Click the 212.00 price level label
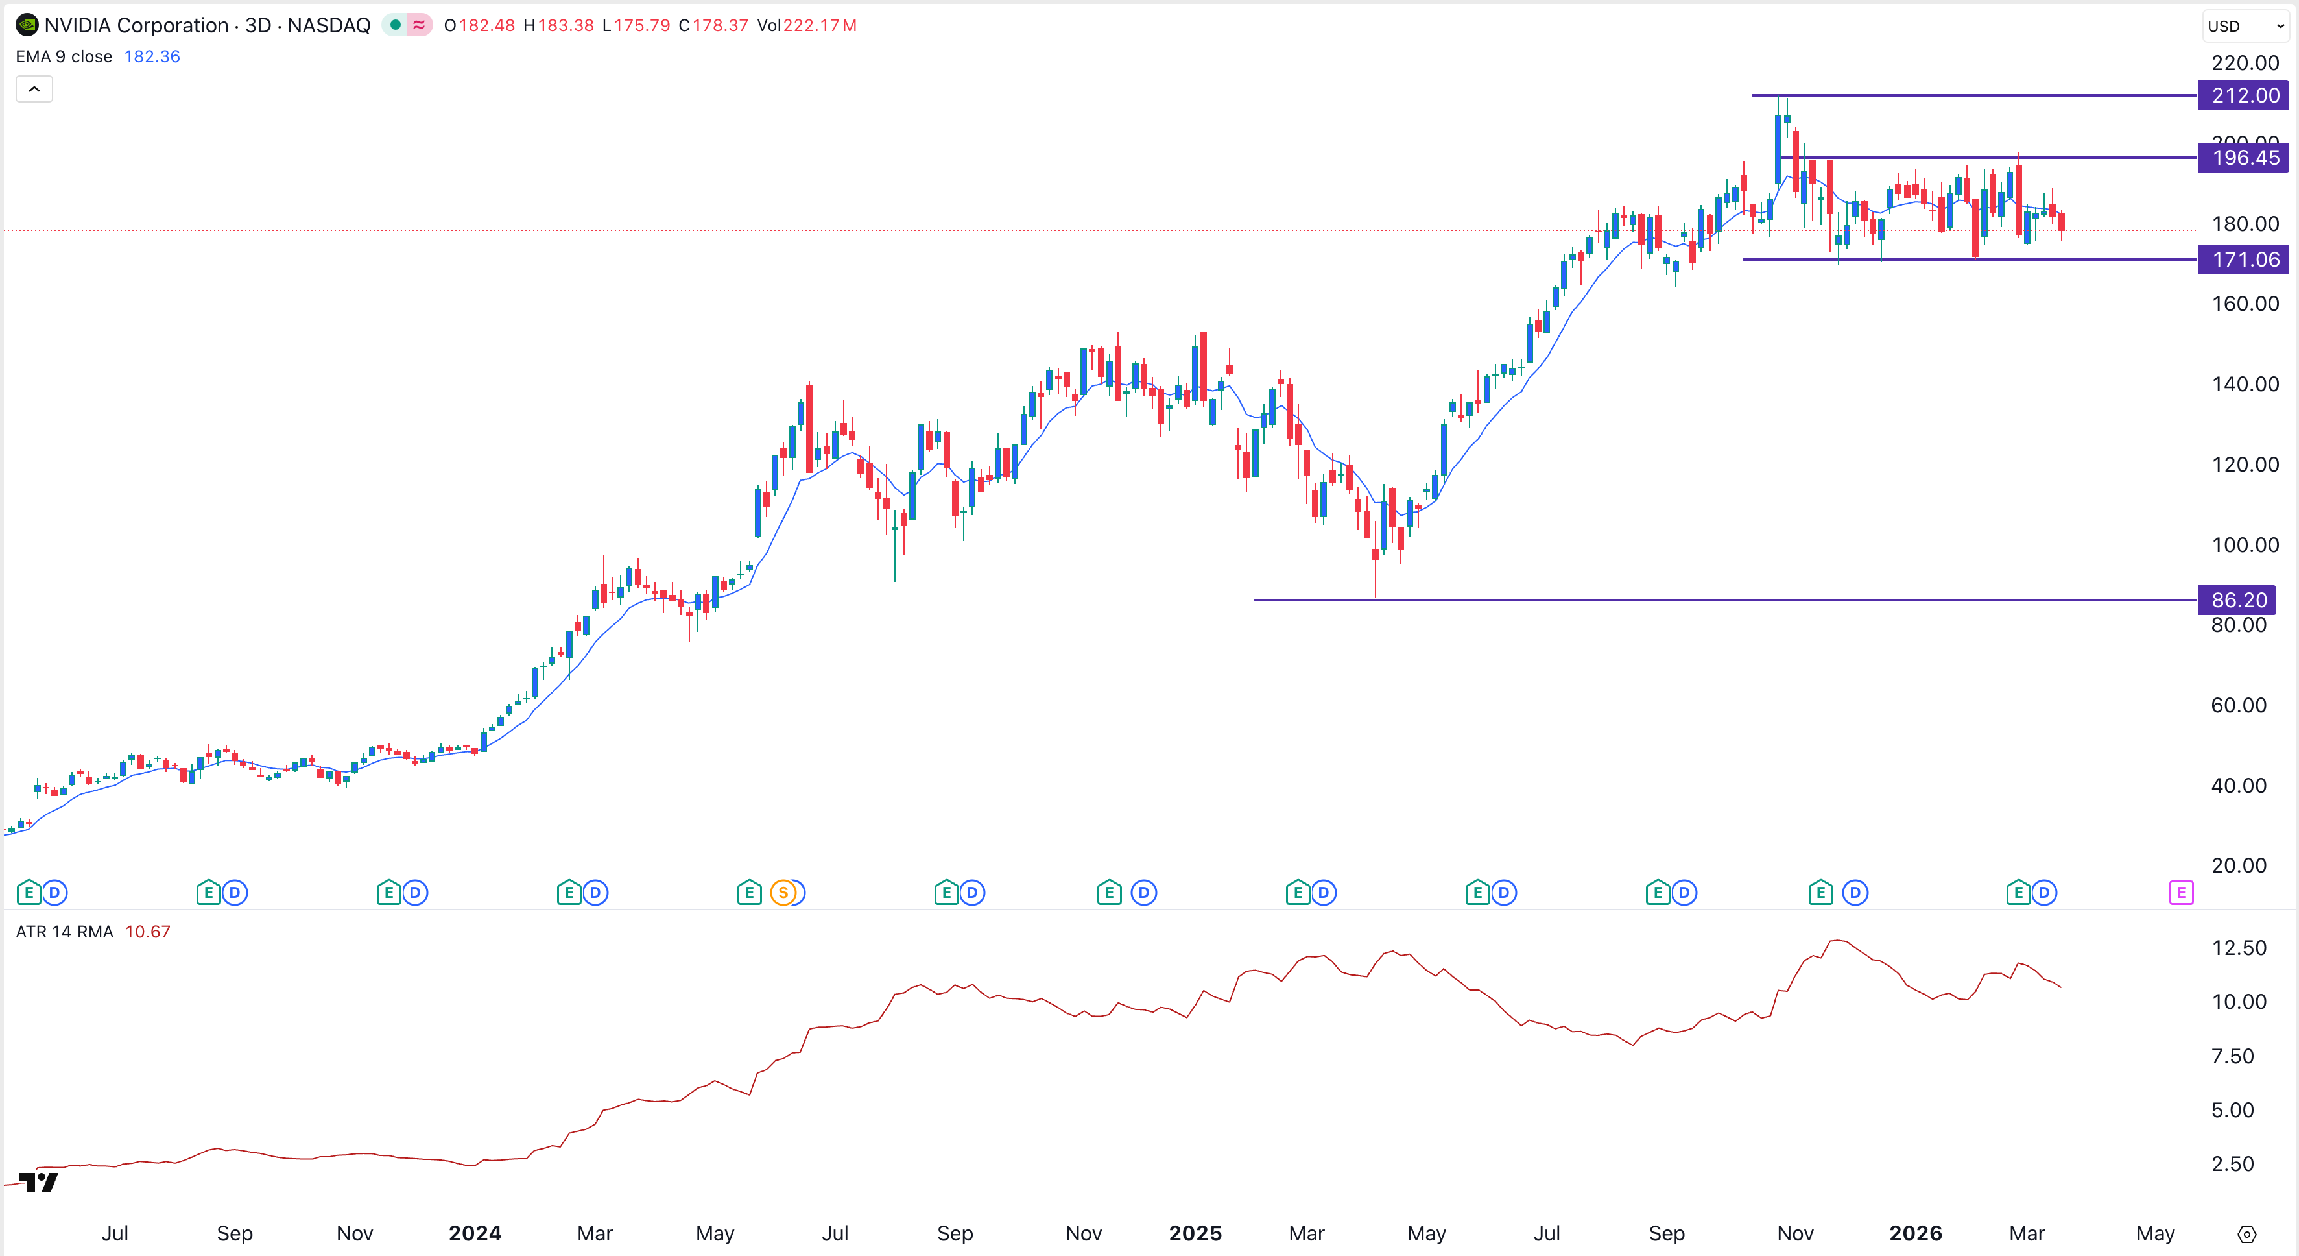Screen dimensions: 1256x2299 tap(2244, 95)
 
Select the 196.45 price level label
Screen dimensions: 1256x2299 tap(2244, 158)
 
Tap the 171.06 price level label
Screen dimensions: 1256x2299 tap(2244, 260)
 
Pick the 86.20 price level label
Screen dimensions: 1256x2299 tap(2237, 600)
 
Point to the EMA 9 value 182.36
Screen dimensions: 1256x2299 tap(152, 56)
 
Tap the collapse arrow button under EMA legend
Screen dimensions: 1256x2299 tap(34, 90)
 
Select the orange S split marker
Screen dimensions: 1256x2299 tap(783, 892)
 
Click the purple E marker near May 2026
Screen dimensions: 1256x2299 tap(2180, 892)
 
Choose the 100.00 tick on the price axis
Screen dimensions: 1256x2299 tap(2245, 544)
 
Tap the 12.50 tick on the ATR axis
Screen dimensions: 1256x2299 tap(2238, 948)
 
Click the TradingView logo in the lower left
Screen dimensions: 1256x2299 tap(38, 1183)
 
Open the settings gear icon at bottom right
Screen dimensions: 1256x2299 tap(2246, 1235)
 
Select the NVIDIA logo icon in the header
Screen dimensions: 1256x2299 tap(27, 25)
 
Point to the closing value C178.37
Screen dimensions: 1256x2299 tap(713, 26)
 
